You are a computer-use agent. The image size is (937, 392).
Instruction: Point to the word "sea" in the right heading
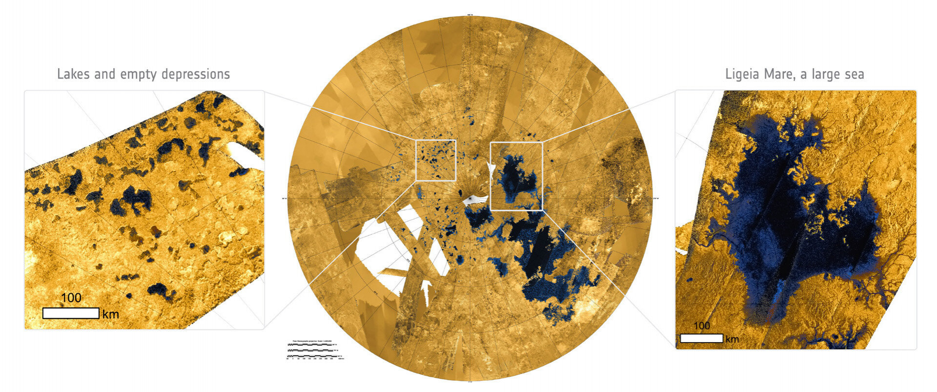(853, 74)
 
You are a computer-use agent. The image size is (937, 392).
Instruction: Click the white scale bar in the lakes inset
(71, 313)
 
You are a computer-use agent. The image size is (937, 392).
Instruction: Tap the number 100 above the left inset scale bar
(71, 298)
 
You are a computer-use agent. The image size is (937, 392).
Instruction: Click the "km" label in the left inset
(111, 314)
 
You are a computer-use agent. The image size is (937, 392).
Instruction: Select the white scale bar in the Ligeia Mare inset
(701, 338)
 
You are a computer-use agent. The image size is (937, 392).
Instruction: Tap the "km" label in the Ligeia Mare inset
(732, 339)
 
